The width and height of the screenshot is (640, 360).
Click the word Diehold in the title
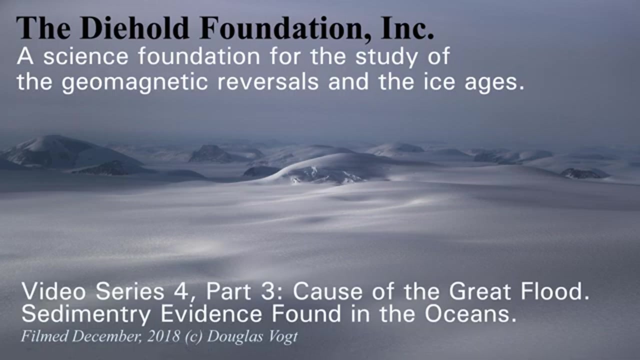pyautogui.click(x=135, y=28)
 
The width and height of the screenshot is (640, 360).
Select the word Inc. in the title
pyautogui.click(x=407, y=28)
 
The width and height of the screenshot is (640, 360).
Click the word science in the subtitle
pyautogui.click(x=86, y=56)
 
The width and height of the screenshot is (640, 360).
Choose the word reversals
pyautogui.click(x=267, y=81)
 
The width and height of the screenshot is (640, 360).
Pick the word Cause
pyautogui.click(x=327, y=291)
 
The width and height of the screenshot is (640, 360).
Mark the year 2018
pyautogui.click(x=163, y=336)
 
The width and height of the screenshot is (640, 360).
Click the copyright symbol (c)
pyautogui.click(x=193, y=336)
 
